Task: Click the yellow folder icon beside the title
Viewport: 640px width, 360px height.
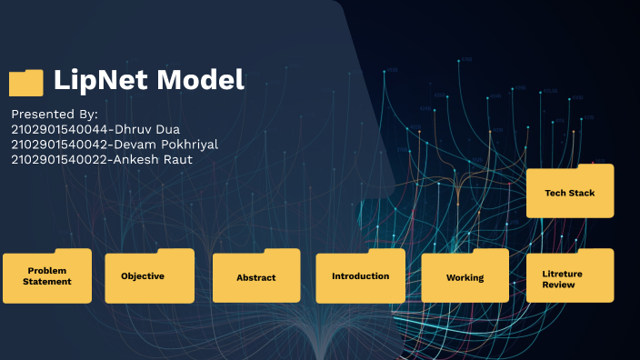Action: click(x=25, y=83)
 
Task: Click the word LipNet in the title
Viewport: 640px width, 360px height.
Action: click(x=101, y=80)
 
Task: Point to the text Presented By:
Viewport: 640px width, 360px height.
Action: click(x=55, y=114)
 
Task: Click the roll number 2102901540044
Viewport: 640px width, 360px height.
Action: click(x=55, y=129)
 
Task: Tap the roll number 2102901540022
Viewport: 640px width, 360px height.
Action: click(x=55, y=160)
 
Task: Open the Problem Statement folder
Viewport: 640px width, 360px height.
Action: click(x=47, y=276)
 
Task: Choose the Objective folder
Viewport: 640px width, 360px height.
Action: click(x=149, y=276)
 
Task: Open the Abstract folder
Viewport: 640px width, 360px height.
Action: click(x=255, y=277)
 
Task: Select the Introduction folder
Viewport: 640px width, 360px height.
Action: click(x=360, y=276)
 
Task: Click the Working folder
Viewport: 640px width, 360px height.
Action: click(x=465, y=277)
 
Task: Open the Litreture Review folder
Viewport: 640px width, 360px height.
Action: click(x=570, y=277)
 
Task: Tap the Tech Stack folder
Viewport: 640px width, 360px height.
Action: click(x=570, y=193)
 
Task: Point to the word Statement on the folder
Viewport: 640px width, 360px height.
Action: click(x=47, y=282)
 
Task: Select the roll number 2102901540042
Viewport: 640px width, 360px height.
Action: click(x=55, y=145)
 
